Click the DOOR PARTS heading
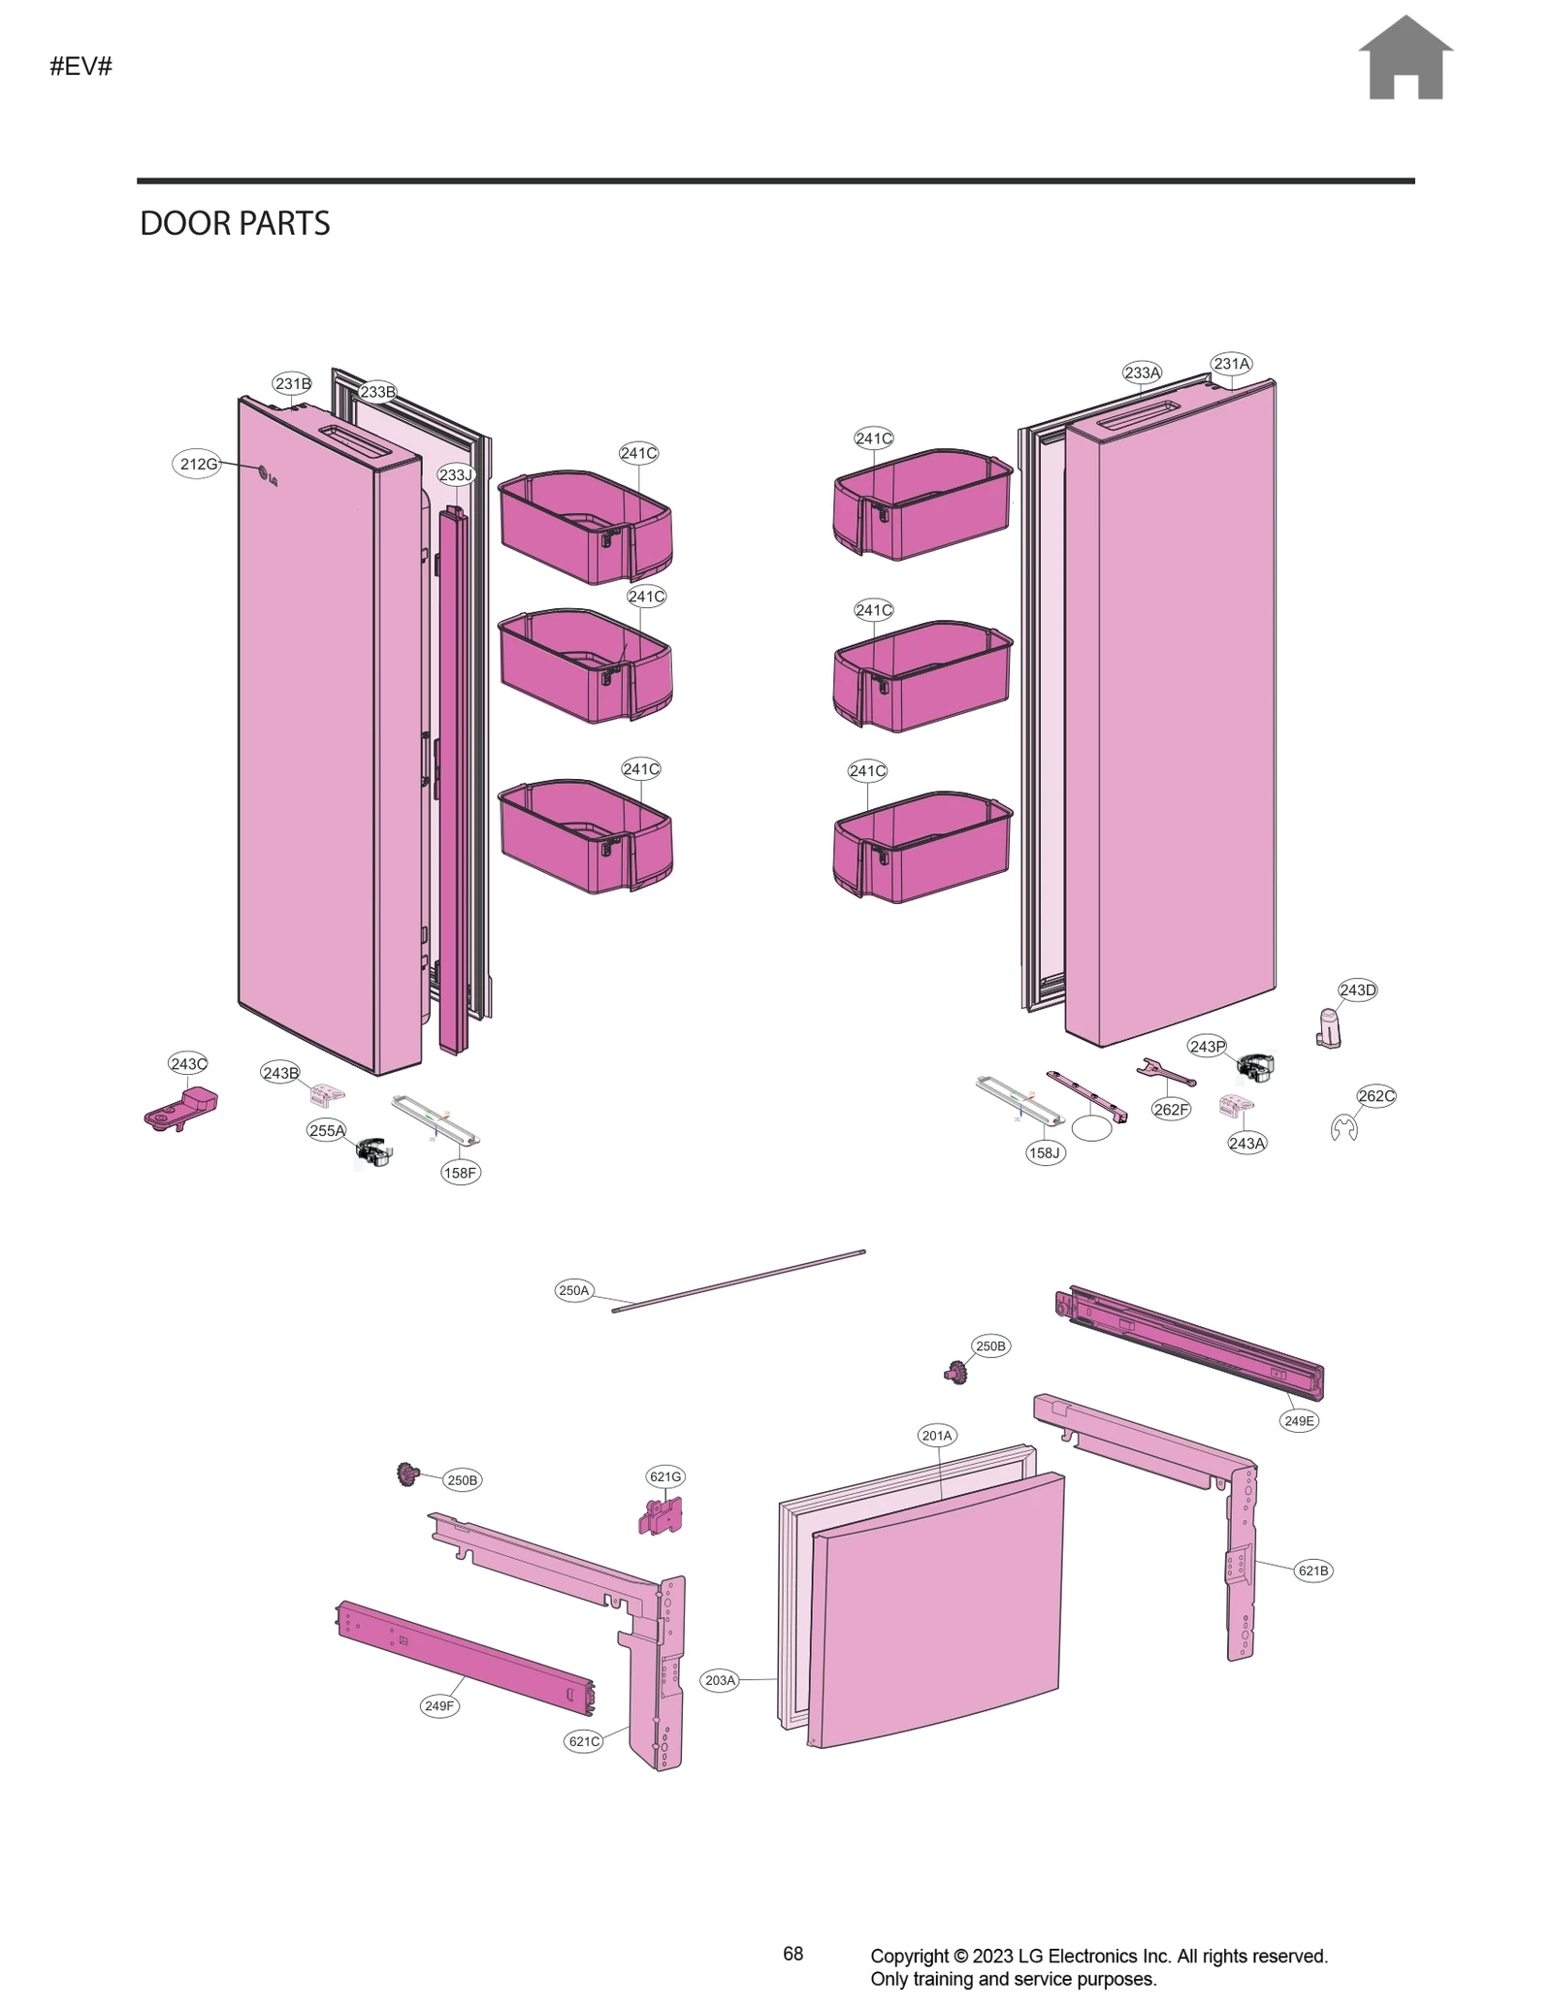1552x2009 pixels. [235, 224]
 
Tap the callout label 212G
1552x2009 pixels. [198, 464]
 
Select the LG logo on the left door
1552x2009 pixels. [267, 477]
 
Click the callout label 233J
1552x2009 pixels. [455, 474]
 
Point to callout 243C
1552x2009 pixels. [188, 1063]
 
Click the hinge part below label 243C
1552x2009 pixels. [182, 1108]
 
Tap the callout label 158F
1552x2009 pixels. [460, 1172]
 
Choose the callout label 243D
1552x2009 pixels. [1357, 989]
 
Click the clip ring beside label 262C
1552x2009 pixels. [1343, 1128]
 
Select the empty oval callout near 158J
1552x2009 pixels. [1091, 1128]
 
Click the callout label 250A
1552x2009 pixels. [573, 1290]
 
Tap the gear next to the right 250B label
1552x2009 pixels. [956, 1372]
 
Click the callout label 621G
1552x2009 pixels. [665, 1476]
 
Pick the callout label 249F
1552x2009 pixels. [438, 1705]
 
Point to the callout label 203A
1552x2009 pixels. [720, 1680]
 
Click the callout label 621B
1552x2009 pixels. [1312, 1571]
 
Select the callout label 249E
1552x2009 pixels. [1299, 1420]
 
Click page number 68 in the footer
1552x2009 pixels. [792, 1954]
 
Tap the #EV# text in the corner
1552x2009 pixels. [81, 67]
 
